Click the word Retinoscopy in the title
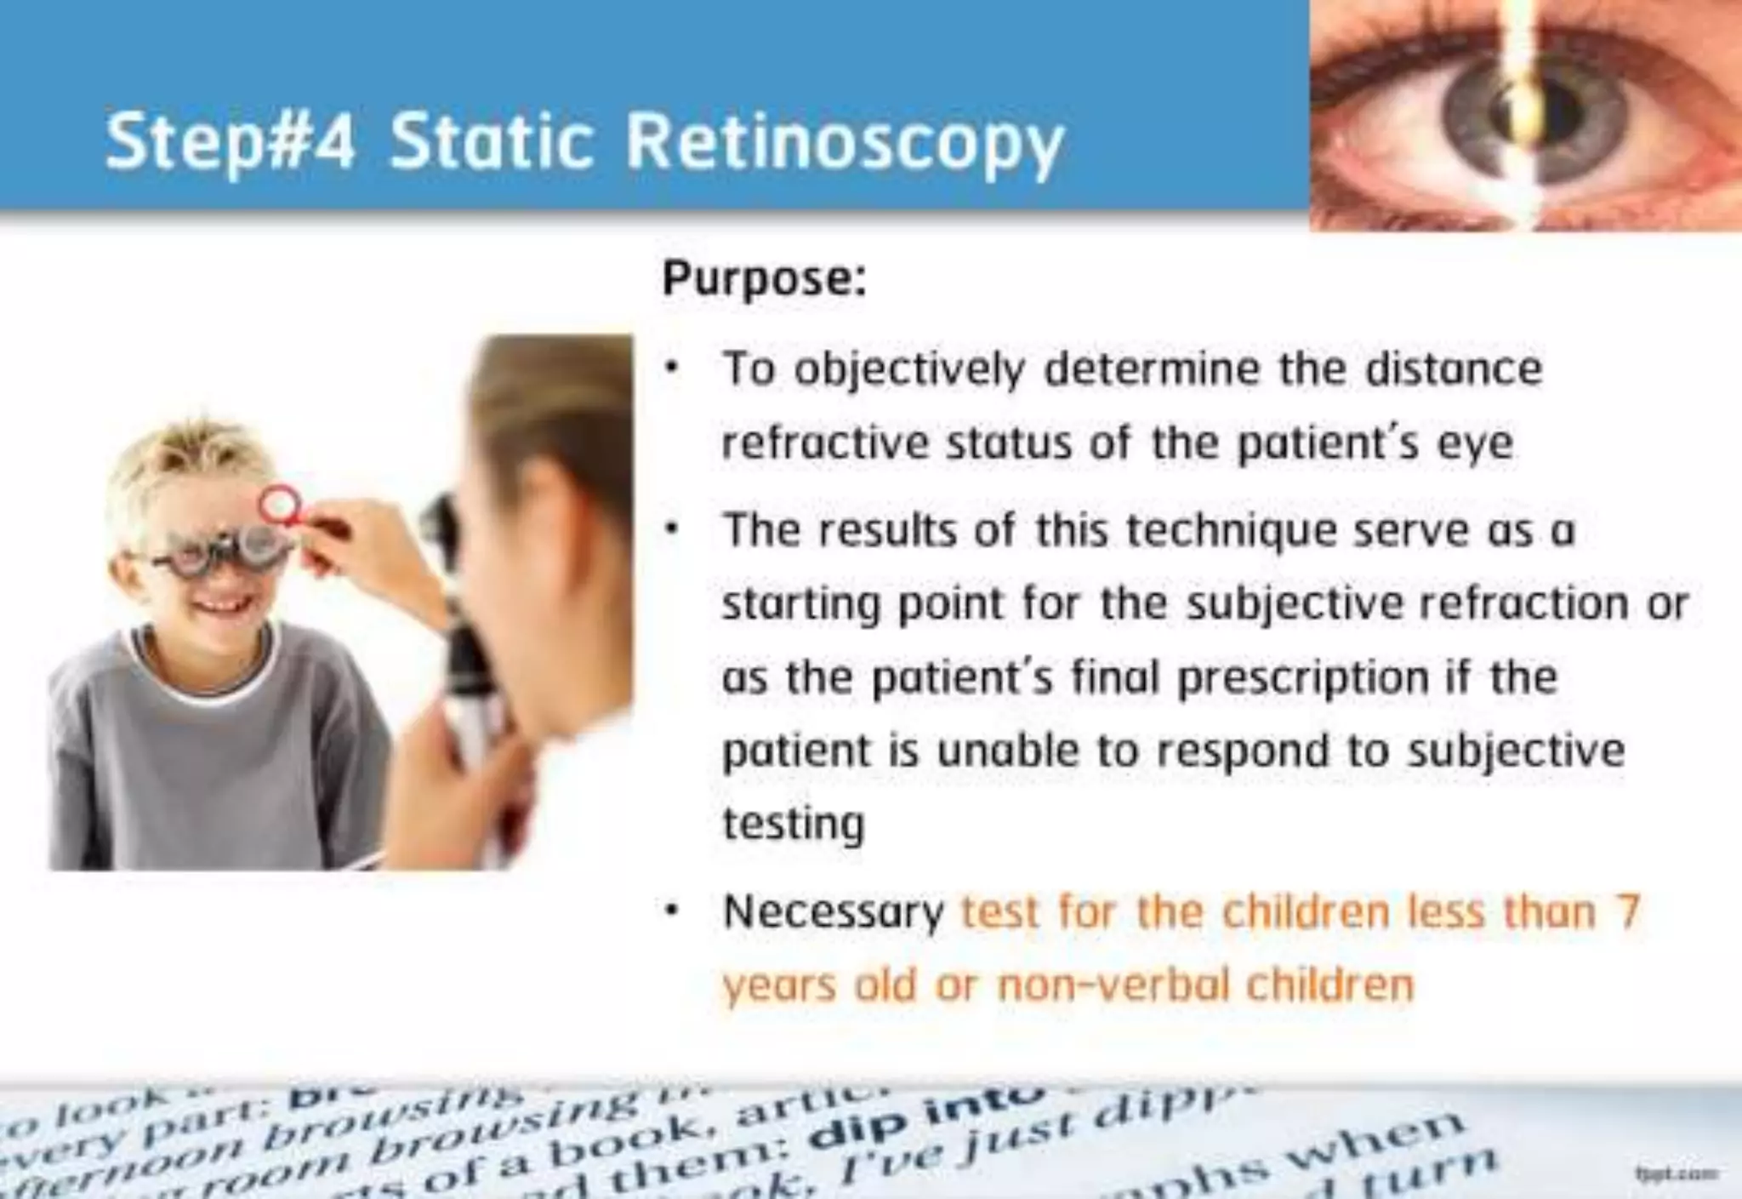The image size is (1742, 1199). tap(844, 143)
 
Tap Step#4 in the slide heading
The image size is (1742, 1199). tap(230, 143)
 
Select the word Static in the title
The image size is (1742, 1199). tap(491, 141)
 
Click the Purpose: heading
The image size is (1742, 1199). tap(764, 278)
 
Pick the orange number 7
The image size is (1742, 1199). tap(1627, 911)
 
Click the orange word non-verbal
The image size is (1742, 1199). tap(1113, 985)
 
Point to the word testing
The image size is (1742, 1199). tap(793, 824)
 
